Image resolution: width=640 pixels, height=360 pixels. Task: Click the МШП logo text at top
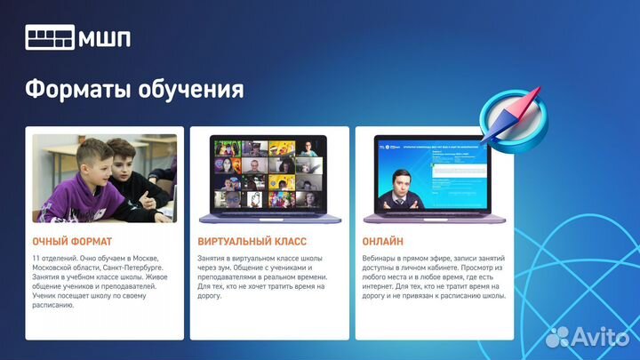[x=106, y=38]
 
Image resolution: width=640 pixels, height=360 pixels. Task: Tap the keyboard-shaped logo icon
[x=50, y=38]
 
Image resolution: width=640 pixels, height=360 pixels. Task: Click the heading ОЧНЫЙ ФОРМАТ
[x=72, y=241]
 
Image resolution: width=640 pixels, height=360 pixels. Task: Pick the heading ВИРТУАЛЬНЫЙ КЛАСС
[x=252, y=241]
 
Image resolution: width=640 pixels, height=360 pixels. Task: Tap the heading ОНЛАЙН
[x=383, y=241]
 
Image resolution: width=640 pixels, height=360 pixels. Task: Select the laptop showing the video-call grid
[x=268, y=178]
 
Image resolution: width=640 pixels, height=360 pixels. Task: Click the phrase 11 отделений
[x=56, y=258]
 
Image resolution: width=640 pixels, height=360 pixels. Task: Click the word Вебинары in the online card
[x=381, y=258]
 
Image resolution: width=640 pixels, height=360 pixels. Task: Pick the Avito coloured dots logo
[x=558, y=336]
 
